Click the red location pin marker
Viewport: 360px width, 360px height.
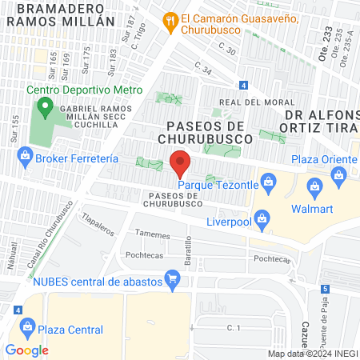tap(181, 162)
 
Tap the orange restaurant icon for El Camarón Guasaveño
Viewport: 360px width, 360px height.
tap(170, 21)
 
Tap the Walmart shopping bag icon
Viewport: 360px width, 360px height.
tap(315, 190)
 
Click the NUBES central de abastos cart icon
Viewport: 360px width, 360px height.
tap(170, 279)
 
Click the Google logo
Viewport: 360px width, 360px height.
tap(26, 350)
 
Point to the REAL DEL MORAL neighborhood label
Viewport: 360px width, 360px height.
tap(252, 102)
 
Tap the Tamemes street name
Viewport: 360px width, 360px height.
tap(153, 235)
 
